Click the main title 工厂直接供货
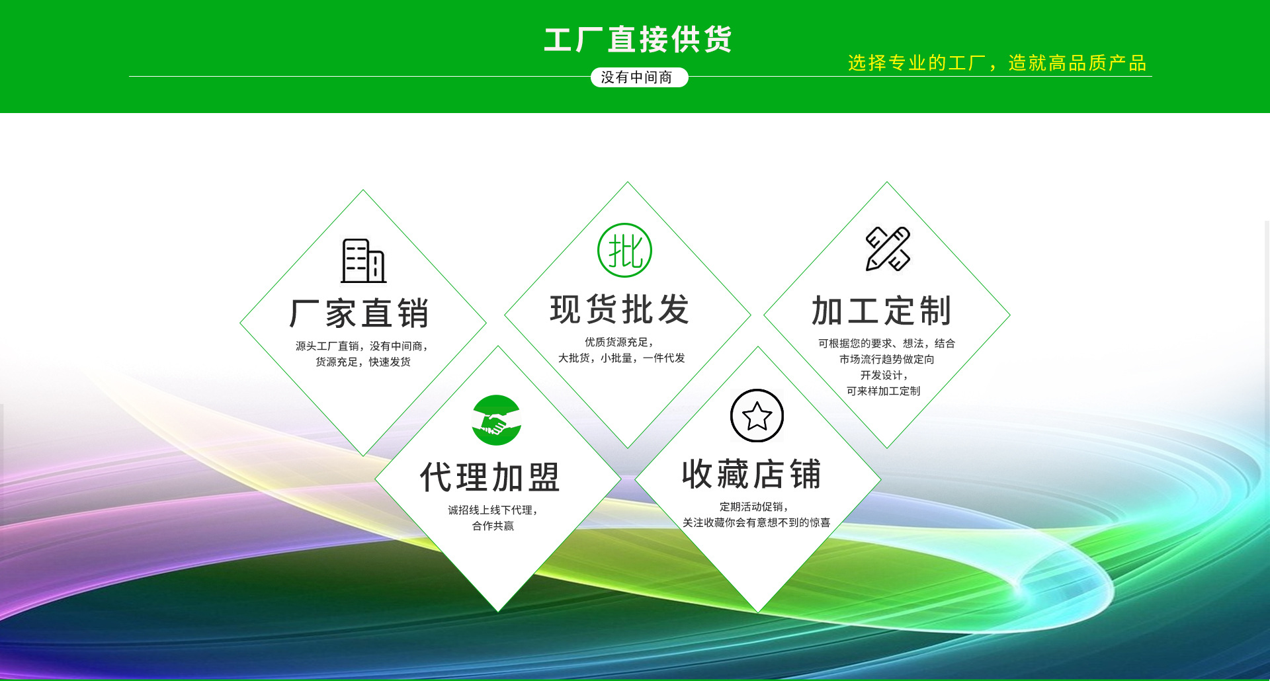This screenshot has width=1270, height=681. (x=638, y=40)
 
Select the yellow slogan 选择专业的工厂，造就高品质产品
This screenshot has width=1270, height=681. (x=997, y=63)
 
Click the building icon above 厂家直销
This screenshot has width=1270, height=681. (x=363, y=260)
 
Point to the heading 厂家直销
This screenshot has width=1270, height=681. (x=360, y=313)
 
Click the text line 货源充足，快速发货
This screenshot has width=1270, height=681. (x=363, y=362)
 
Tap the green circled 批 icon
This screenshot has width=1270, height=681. (x=624, y=251)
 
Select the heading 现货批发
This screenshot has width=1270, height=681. (x=620, y=309)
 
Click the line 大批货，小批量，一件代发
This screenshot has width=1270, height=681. (x=621, y=358)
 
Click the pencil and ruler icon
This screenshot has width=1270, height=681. (x=888, y=249)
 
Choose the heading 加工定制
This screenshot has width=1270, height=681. (x=882, y=311)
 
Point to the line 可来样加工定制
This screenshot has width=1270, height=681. (x=883, y=391)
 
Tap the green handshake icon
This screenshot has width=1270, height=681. (x=496, y=420)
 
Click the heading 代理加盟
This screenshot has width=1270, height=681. (x=490, y=477)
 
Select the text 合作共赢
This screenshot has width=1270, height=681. (x=493, y=526)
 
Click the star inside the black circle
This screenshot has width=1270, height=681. (x=757, y=416)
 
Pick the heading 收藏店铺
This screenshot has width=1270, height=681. (x=751, y=475)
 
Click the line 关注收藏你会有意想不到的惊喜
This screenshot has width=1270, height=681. (x=756, y=522)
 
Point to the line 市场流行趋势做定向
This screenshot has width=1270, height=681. (x=886, y=359)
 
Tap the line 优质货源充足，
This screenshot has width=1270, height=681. (x=619, y=342)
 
